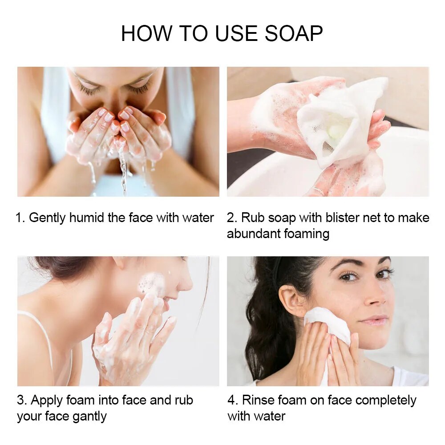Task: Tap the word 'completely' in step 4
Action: [x=386, y=400]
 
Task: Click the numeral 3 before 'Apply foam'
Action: [x=20, y=400]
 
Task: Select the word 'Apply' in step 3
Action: [x=47, y=400]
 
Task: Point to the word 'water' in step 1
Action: [x=198, y=218]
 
